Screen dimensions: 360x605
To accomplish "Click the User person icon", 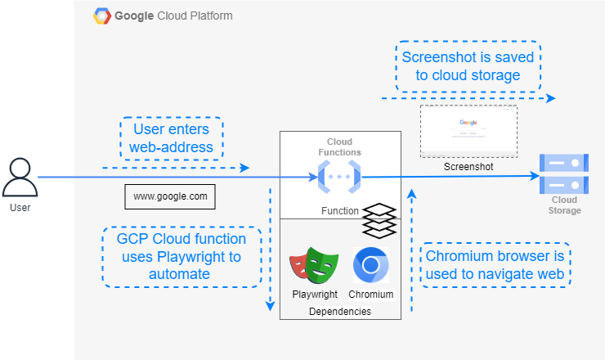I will coord(20,178).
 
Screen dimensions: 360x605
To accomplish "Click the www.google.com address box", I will coord(170,196).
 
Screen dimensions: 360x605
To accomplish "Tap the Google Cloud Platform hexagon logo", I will coord(102,16).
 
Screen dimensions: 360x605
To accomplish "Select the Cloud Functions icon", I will coord(339,177).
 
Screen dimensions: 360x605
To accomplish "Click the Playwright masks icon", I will coord(314,266).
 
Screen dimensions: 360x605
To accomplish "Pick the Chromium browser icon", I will coord(370,265).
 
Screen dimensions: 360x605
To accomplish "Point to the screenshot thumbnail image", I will coord(468,131).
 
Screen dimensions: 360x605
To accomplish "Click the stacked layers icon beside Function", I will coord(379,218).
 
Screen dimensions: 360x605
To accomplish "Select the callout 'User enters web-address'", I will coord(170,138).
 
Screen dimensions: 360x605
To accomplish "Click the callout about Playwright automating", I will coord(181,256).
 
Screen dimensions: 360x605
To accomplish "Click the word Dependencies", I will coord(339,312).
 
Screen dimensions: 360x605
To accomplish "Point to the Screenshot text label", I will coord(468,167).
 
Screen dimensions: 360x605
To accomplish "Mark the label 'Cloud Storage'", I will coord(564,205).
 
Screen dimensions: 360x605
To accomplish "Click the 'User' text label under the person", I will coord(20,209).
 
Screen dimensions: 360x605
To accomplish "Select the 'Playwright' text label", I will coord(314,295).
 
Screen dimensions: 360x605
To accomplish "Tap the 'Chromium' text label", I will coord(370,295).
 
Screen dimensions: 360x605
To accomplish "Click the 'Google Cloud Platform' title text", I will coord(173,16).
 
